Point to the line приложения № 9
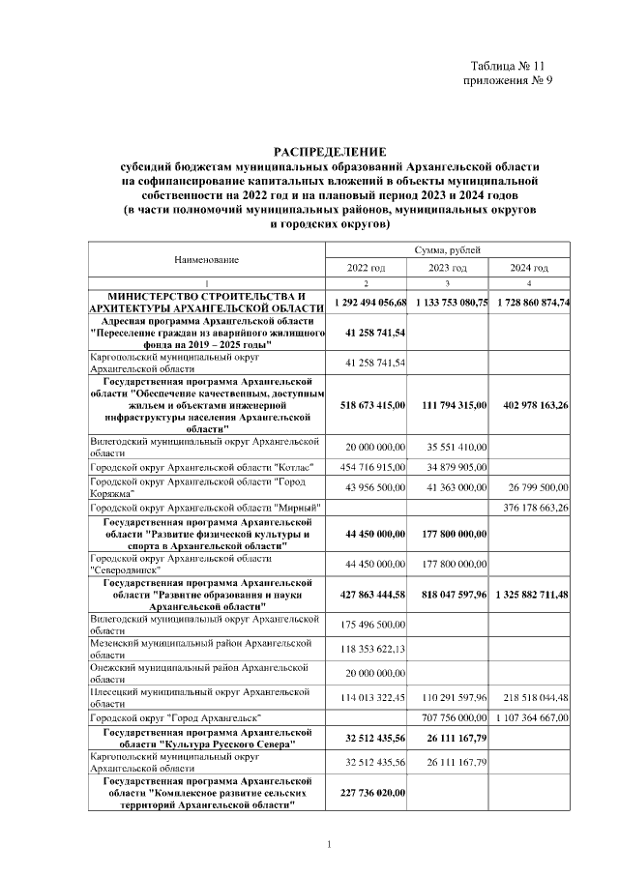(509, 80)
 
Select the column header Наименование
(206, 259)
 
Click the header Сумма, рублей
(448, 250)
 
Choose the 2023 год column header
(448, 268)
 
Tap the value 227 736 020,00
(372, 793)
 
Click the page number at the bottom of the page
(329, 846)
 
